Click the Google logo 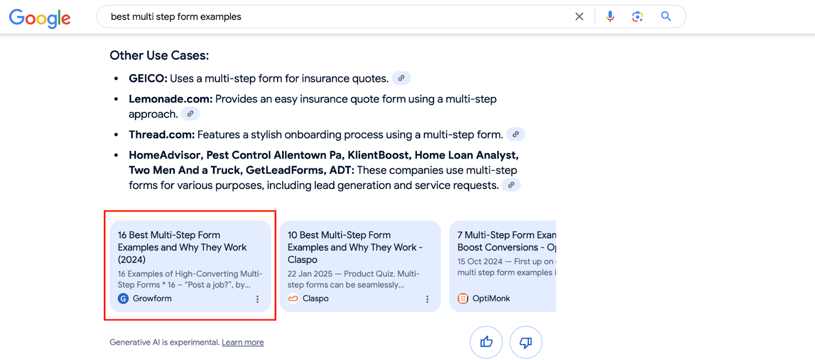coord(40,18)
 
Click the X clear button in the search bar coord(579,16)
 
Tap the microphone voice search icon coord(610,16)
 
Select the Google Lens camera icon coord(637,16)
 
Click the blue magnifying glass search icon coord(666,16)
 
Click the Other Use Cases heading coord(159,56)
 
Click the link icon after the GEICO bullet coord(401,78)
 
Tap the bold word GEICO coord(148,78)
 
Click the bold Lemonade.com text coord(170,99)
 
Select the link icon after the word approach coord(191,114)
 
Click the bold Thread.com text coord(161,134)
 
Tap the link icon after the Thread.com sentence coord(515,134)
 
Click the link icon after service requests coord(511,185)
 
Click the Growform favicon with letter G coord(123,298)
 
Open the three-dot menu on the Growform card coord(258,299)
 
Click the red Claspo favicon coord(293,298)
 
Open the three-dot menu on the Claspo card coord(427,299)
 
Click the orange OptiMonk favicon coord(463,298)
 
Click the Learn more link coord(242,342)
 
